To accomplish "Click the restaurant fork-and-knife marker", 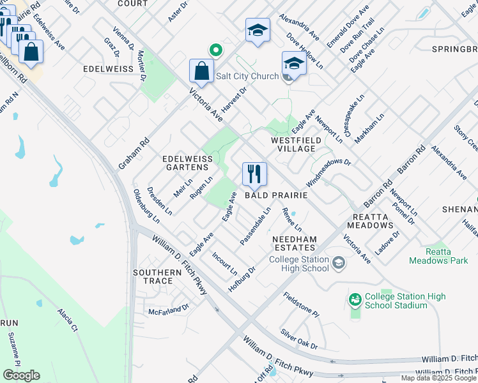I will tap(254, 174).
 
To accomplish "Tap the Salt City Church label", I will tap(247, 77).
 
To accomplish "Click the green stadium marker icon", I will tap(355, 298).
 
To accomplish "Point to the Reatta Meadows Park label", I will tap(438, 257).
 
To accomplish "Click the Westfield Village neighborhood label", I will tap(293, 144).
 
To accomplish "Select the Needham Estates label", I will tap(295, 243).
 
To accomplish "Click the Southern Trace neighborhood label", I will tap(153, 276).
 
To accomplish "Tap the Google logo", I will tap(21, 375).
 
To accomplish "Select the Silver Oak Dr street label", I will tap(299, 338).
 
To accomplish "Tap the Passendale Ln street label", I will tap(256, 225).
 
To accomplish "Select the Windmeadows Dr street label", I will tap(328, 172).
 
